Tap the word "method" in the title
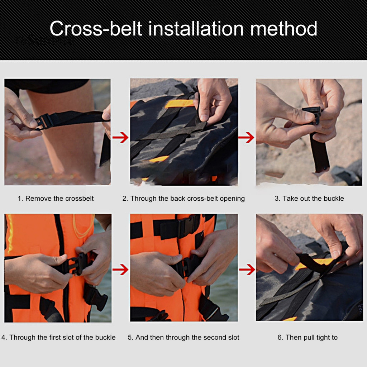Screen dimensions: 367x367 point(284,29)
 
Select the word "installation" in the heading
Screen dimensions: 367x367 point(196,29)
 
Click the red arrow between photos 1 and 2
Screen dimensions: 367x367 point(120,137)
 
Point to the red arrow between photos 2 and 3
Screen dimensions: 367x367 point(246,137)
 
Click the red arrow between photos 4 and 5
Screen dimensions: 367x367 point(120,270)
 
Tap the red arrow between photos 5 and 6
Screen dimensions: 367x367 point(247,270)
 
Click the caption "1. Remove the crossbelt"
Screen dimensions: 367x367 point(56,199)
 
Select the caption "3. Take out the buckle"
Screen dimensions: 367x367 point(309,199)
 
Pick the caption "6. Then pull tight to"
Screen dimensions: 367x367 point(308,337)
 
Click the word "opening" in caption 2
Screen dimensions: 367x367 point(232,199)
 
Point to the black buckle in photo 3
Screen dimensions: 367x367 point(312,114)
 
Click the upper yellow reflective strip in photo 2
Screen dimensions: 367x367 point(180,104)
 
